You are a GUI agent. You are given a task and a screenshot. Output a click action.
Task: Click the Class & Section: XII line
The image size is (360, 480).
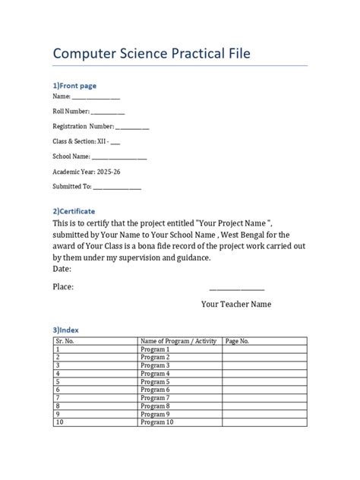[x=85, y=141]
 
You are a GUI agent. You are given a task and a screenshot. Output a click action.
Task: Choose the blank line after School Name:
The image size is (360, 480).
[x=120, y=156]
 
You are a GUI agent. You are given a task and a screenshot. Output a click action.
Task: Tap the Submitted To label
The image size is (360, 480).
[x=71, y=185]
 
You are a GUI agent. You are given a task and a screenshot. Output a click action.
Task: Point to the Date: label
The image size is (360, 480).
[x=62, y=269]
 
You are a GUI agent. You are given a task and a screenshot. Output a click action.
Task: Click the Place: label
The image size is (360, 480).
[x=63, y=287]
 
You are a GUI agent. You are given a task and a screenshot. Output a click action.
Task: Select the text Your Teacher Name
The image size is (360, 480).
[x=236, y=305]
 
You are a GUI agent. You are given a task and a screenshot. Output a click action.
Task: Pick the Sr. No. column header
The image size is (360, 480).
[x=68, y=342]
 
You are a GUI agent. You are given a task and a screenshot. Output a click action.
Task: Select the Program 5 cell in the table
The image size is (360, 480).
[x=155, y=381]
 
